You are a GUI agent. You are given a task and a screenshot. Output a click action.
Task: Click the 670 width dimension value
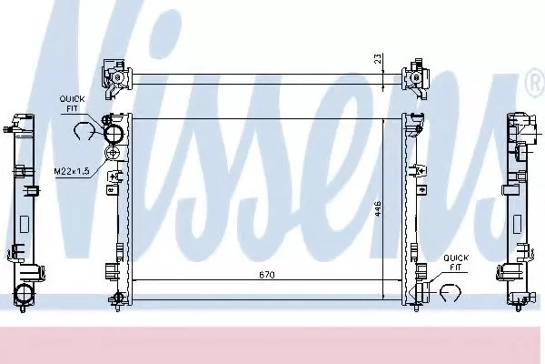click(x=265, y=274)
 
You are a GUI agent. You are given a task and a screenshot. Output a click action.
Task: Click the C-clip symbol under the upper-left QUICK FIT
click(x=83, y=133)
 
